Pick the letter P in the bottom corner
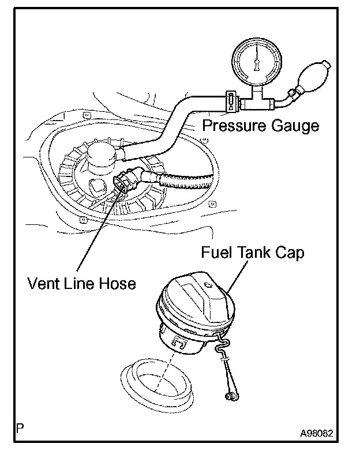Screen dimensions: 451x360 21,429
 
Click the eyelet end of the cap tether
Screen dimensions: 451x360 230,398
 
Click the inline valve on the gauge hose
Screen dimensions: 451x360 230,102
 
